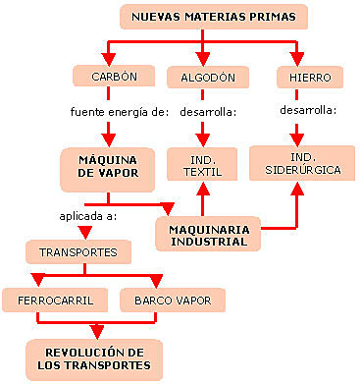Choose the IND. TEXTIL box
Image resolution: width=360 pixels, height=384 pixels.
coord(200,165)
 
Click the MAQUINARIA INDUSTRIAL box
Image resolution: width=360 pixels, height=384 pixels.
coord(209,235)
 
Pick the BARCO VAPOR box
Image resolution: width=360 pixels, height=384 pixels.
coord(172,298)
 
